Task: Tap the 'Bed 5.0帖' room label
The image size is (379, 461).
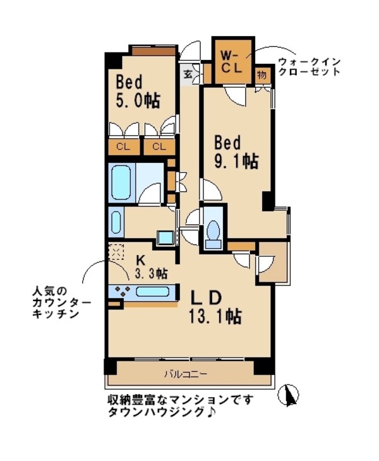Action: click(136, 92)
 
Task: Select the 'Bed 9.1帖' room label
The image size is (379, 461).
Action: click(234, 151)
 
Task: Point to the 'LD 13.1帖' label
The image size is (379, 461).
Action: click(212, 306)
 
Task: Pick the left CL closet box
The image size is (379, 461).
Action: click(124, 147)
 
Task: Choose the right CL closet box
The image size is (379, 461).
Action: click(159, 147)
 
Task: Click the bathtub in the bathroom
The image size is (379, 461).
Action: click(121, 183)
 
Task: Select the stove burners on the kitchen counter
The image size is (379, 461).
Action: click(122, 291)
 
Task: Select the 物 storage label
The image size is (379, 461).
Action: click(262, 74)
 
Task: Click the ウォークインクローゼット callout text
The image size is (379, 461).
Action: click(309, 66)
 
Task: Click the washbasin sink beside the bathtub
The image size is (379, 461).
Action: click(116, 222)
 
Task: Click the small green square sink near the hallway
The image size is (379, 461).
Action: click(165, 237)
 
